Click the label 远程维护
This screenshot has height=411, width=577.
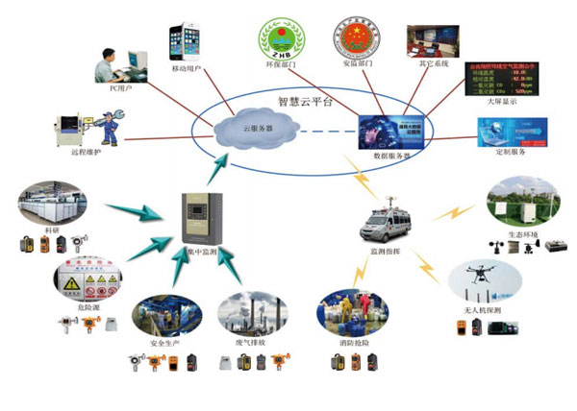point(86,152)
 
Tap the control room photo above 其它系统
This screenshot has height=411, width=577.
point(429,43)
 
